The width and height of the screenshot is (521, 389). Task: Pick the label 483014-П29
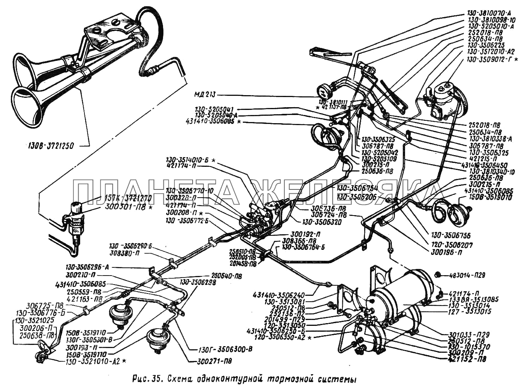point(467,275)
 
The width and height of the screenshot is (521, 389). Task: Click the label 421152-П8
point(467,359)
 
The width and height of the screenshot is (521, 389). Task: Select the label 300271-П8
point(212,361)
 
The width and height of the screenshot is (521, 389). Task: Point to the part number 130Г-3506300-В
point(220,349)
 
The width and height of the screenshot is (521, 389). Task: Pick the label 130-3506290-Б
point(130,246)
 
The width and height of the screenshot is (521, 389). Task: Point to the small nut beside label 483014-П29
point(439,274)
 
